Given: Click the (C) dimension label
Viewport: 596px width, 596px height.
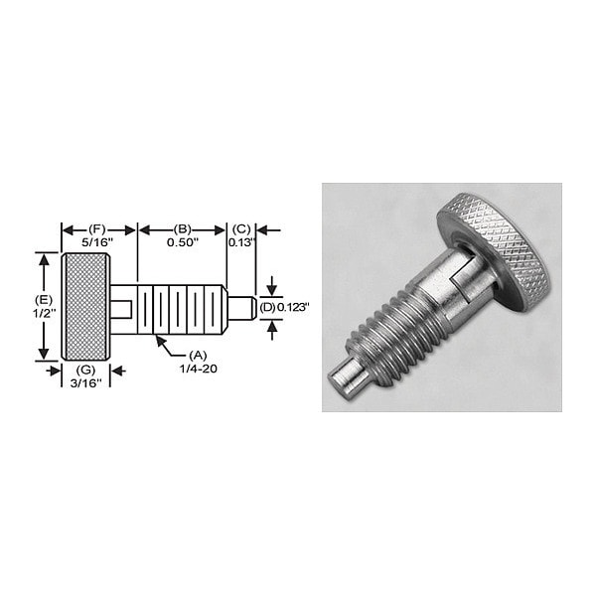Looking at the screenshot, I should tap(241, 228).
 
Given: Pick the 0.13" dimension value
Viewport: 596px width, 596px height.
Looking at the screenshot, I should tap(241, 241).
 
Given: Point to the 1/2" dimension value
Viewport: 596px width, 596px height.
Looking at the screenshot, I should tap(43, 313).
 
